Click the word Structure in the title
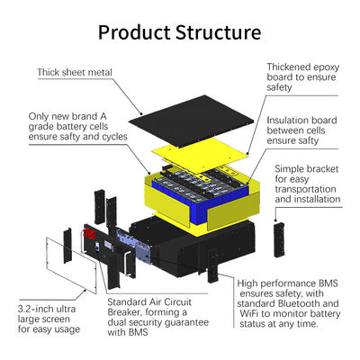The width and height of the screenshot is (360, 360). tap(219, 32)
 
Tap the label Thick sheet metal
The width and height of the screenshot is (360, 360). tap(75, 72)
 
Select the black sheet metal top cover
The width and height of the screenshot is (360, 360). tap(191, 121)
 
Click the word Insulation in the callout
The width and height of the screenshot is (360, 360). tap(285, 121)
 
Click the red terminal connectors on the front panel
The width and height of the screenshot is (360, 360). tap(89, 233)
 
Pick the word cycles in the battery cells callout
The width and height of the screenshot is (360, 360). tap(115, 137)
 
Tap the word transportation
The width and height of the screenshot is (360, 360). tap(305, 189)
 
